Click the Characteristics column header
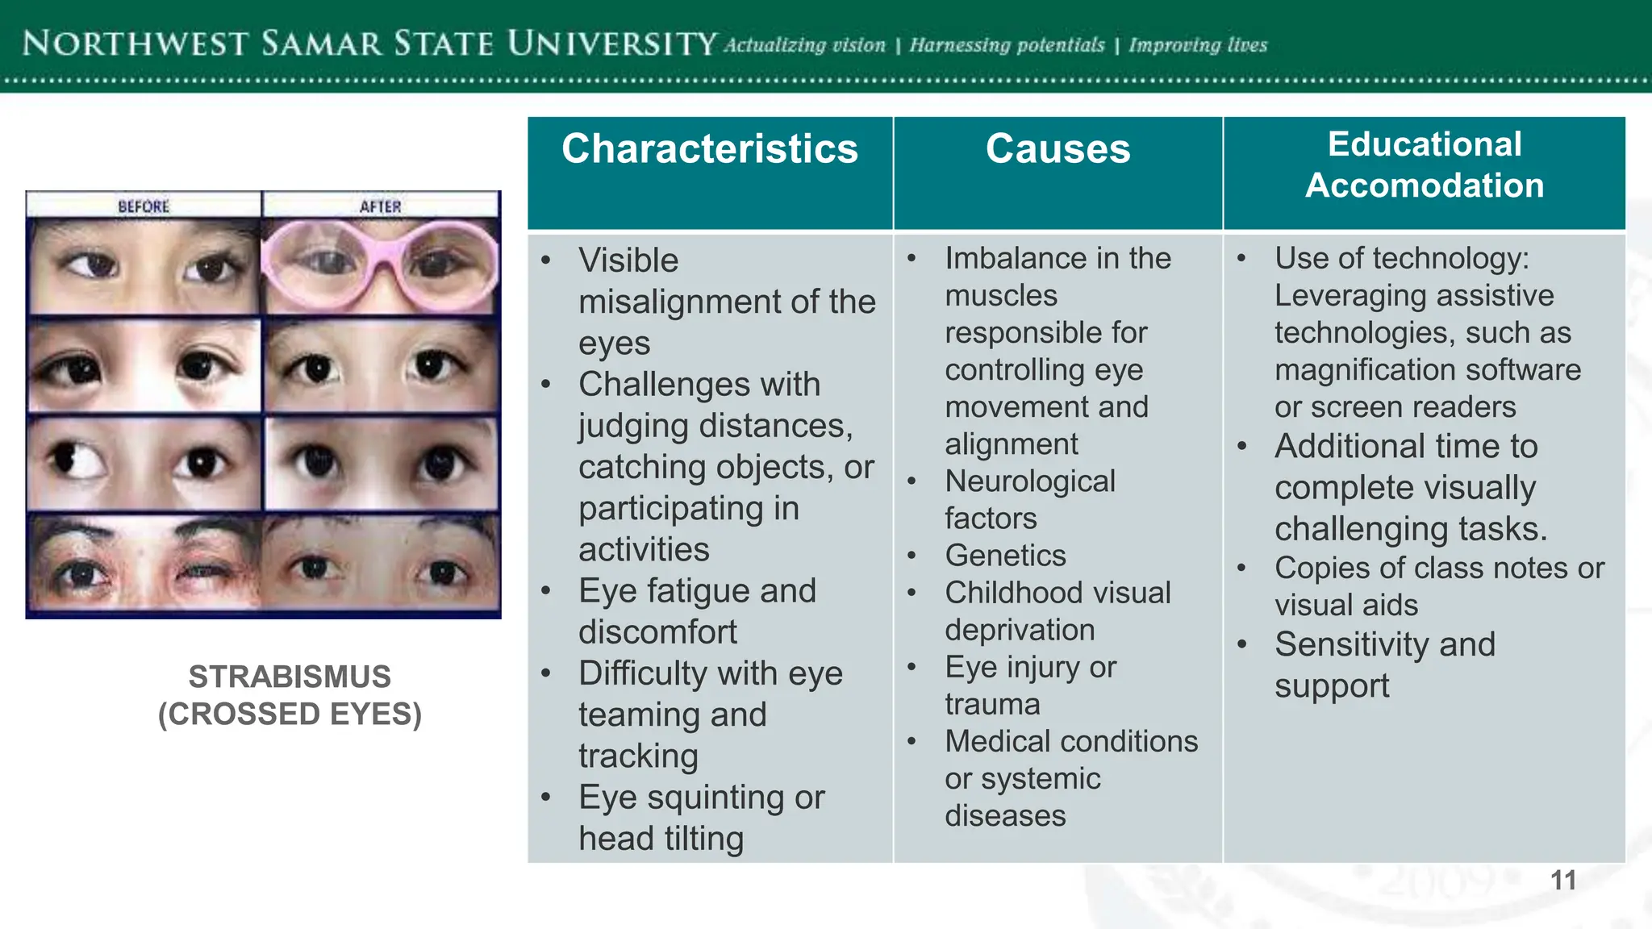pos(710,149)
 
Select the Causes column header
pos(1058,149)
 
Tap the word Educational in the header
pos(1425,144)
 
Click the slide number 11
pos(1563,880)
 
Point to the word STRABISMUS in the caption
pos(290,677)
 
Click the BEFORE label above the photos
pos(144,206)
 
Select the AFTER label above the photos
pos(380,206)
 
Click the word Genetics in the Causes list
pos(1005,556)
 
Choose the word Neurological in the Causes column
pos(1030,481)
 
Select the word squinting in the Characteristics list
pos(716,798)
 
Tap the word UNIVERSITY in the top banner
pos(611,44)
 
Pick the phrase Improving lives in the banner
pos(1198,45)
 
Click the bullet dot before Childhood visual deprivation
pos(912,594)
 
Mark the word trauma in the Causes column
pos(992,705)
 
